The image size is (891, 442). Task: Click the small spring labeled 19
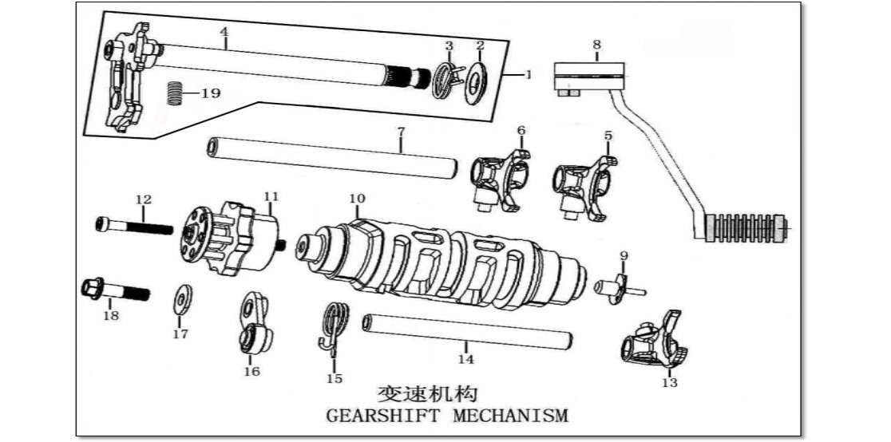point(176,92)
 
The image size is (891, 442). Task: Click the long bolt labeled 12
point(134,226)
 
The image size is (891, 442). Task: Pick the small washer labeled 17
point(182,301)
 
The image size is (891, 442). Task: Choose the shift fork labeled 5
point(583,184)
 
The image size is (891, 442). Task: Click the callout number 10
point(357,199)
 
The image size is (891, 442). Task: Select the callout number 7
point(401,131)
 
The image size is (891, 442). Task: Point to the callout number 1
point(527,74)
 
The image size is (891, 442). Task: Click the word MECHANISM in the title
point(511,416)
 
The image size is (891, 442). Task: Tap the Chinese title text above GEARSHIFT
point(427,393)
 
